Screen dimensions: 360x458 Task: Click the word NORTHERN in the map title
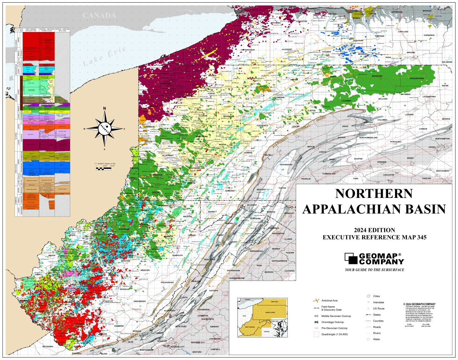tap(374, 193)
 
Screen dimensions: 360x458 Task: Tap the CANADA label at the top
tap(99, 15)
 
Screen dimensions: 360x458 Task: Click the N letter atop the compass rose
tap(104, 109)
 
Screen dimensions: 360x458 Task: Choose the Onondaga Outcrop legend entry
tap(316, 322)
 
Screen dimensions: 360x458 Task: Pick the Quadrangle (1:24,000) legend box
tap(316, 334)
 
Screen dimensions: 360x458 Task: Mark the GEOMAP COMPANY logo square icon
tap(351, 259)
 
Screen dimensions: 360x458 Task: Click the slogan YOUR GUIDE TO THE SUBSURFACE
tap(374, 270)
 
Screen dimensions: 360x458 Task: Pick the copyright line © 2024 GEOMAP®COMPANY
tap(419, 304)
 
